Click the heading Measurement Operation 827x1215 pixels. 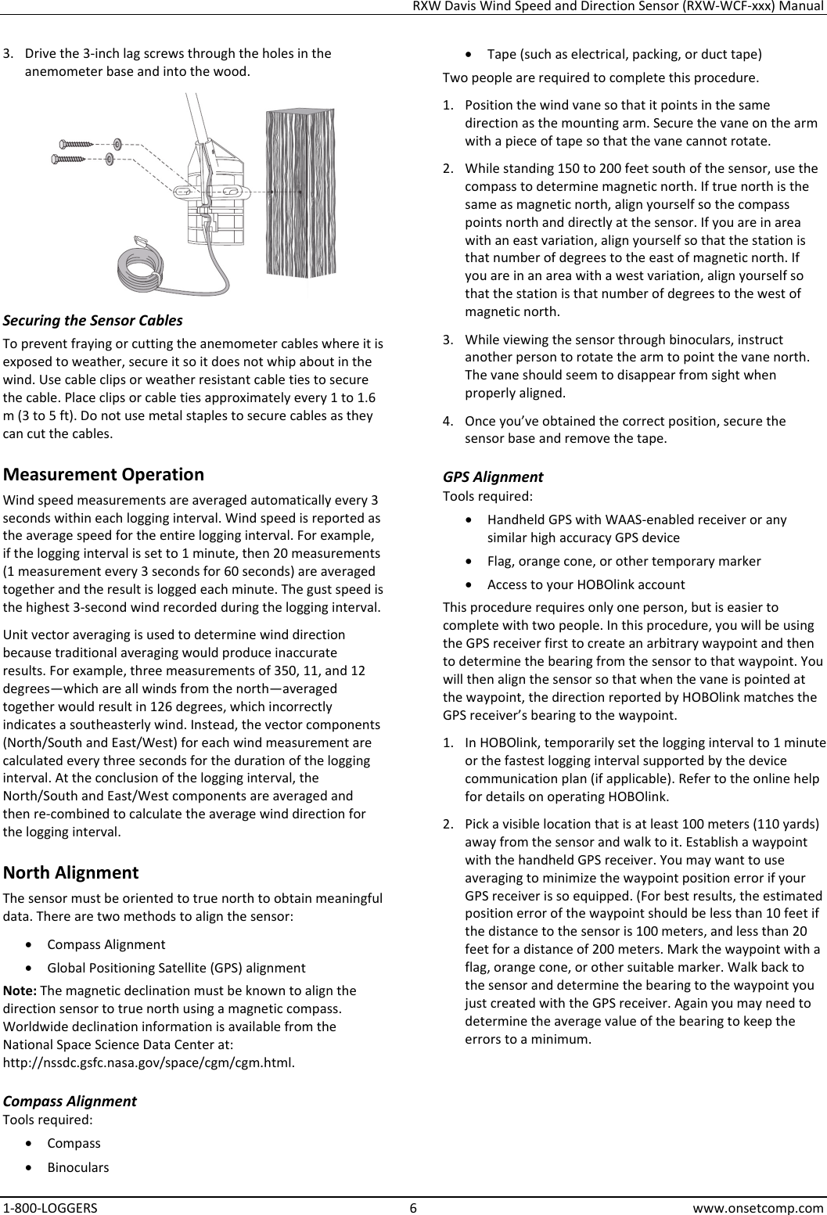click(x=104, y=474)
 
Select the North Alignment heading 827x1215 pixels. click(x=71, y=872)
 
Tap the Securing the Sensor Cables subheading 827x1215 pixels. click(x=94, y=321)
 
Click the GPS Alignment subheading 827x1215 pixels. click(x=493, y=476)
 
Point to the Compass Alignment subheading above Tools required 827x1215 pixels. click(x=70, y=1101)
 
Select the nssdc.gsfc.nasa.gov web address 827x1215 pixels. click(x=149, y=1063)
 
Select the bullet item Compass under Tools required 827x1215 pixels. click(x=74, y=1142)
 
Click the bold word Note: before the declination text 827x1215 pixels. click(x=20, y=990)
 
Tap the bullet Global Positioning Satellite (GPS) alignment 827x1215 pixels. click(x=176, y=968)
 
